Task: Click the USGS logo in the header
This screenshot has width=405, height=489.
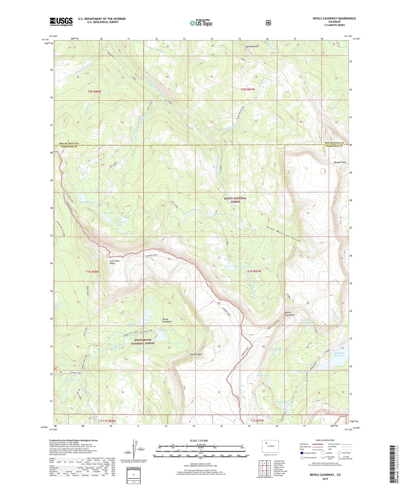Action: tap(61, 21)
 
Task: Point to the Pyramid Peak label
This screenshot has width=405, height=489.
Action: tap(252, 46)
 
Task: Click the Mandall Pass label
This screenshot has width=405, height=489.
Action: tap(340, 162)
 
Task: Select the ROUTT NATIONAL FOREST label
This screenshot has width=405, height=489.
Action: tap(235, 200)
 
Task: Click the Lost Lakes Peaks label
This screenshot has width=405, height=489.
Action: tap(114, 262)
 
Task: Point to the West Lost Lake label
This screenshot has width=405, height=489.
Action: tap(94, 202)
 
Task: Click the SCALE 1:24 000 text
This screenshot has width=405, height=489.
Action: tap(199, 441)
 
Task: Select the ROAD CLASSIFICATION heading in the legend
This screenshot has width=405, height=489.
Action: tap(325, 440)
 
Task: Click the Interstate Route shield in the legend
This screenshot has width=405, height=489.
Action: tap(302, 453)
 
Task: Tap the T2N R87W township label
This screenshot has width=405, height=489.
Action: tap(248, 90)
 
